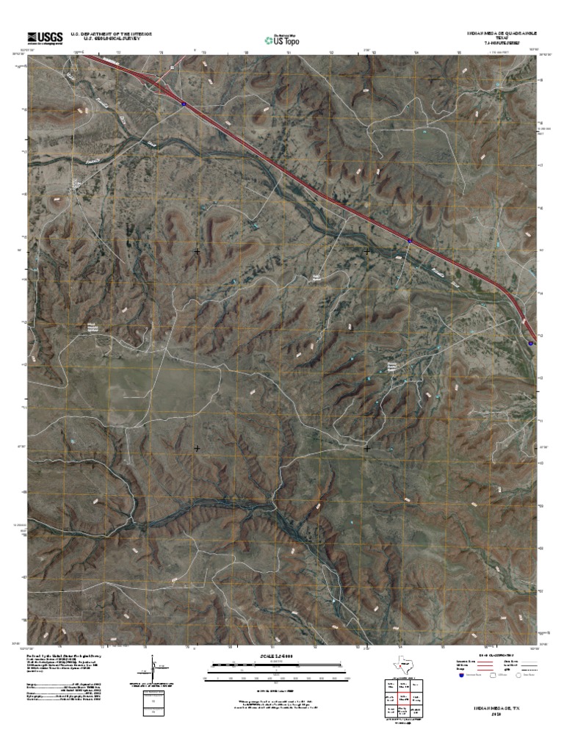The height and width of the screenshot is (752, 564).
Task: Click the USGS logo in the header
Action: click(x=46, y=37)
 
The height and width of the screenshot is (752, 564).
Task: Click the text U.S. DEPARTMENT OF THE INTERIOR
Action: click(x=111, y=34)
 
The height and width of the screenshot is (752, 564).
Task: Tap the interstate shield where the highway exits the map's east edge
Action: click(x=530, y=341)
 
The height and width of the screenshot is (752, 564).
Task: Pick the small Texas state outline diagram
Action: click(x=402, y=665)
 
